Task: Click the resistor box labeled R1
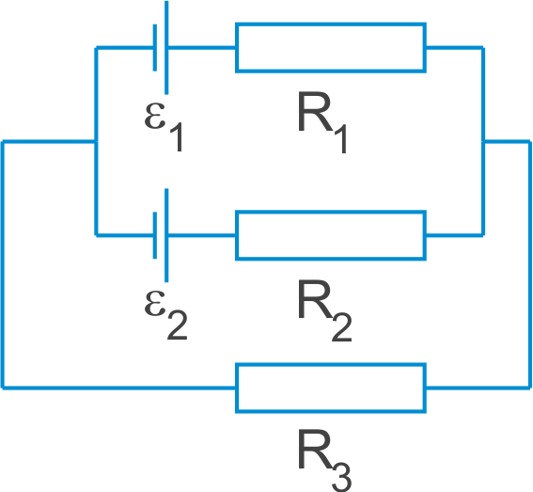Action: click(331, 24)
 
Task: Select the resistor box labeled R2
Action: click(331, 213)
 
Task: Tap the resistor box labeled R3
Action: click(331, 365)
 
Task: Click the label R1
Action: click(322, 122)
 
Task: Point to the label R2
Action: click(324, 310)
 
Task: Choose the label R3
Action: click(324, 460)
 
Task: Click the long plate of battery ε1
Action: click(166, 48)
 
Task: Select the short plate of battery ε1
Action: click(155, 48)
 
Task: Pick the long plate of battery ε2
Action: click(166, 235)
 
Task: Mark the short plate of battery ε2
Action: click(155, 235)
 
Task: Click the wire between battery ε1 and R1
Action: click(202, 48)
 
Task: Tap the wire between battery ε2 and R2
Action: click(202, 235)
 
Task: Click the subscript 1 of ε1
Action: click(177, 137)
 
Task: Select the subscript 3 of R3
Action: click(341, 478)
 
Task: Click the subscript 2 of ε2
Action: click(177, 325)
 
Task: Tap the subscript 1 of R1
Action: click(340, 139)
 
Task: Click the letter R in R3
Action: click(315, 449)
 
